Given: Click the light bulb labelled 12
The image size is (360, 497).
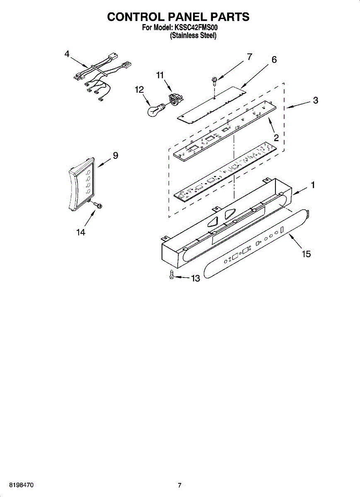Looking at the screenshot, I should (155, 111).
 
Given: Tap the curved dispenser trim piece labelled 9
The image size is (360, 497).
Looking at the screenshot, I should (81, 184).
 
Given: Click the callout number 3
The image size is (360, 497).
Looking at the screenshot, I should (315, 100).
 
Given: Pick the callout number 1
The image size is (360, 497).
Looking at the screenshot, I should (313, 185).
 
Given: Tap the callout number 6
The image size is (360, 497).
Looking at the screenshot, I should (274, 60).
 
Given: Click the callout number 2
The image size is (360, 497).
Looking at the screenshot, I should (276, 137).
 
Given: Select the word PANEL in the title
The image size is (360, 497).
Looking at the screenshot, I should (188, 17).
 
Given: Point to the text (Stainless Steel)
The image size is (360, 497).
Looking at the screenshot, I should (193, 36).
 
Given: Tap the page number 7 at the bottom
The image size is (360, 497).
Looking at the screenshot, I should (179, 485).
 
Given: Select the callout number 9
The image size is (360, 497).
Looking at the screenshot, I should (116, 155).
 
